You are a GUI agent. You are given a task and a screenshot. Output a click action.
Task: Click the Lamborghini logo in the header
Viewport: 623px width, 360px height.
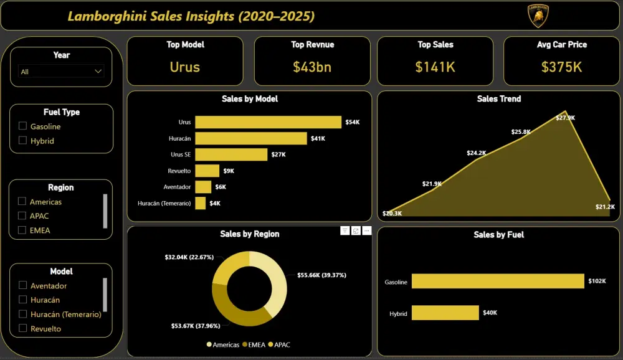tap(538, 16)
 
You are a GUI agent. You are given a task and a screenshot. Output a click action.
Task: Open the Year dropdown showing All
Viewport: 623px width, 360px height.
tap(61, 72)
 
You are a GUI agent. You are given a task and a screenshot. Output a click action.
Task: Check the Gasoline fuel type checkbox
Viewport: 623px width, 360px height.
tap(23, 126)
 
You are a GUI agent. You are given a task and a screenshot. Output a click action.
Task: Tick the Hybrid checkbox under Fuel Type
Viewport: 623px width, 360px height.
tap(23, 141)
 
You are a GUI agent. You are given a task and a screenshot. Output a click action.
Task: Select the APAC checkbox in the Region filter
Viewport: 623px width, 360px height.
tap(22, 216)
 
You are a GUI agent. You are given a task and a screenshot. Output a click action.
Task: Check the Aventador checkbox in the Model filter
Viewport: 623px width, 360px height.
tap(23, 286)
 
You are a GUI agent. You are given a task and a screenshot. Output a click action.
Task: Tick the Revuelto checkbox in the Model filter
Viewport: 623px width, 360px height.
tap(23, 328)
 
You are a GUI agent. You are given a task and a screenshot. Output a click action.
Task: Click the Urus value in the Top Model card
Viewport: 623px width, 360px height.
tap(184, 67)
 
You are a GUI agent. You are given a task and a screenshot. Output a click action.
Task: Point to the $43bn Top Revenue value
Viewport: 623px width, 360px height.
tap(311, 67)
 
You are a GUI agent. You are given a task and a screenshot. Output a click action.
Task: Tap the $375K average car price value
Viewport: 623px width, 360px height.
tap(561, 67)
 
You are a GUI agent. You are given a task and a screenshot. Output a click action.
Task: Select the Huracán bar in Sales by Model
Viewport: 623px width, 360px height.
tap(250, 138)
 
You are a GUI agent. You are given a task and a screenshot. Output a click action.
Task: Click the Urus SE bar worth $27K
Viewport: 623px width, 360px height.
tap(231, 154)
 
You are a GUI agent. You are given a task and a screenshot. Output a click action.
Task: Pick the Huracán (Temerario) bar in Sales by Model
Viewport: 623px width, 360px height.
tap(200, 203)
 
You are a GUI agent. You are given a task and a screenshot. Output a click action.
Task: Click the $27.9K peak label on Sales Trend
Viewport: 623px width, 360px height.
tap(565, 118)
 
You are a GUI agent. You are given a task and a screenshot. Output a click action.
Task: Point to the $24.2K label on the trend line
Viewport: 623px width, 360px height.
tap(477, 153)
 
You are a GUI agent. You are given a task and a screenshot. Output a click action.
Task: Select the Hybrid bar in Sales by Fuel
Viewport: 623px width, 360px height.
tap(445, 313)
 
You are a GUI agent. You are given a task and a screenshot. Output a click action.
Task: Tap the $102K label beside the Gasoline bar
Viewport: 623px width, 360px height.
tap(597, 282)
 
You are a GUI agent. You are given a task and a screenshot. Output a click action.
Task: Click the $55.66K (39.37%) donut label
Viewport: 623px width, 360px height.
tap(321, 275)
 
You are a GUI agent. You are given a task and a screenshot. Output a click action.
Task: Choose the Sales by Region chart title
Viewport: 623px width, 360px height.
tap(249, 234)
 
